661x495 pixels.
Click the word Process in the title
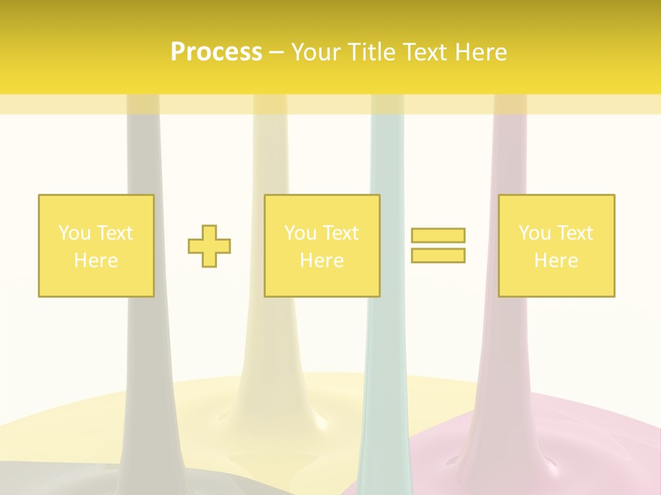[x=216, y=52]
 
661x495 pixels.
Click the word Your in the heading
[x=316, y=52]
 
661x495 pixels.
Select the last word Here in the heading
[x=481, y=52]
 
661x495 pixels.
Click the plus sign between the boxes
[x=209, y=246]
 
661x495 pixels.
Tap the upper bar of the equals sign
[x=438, y=235]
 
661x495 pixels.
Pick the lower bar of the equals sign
[x=438, y=255]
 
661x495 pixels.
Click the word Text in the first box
[x=114, y=233]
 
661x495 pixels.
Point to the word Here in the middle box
[x=322, y=261]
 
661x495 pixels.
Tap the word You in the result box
[x=534, y=233]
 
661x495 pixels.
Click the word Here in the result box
[x=556, y=261]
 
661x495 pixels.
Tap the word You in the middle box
[x=300, y=233]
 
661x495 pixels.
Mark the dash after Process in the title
[x=276, y=52]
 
